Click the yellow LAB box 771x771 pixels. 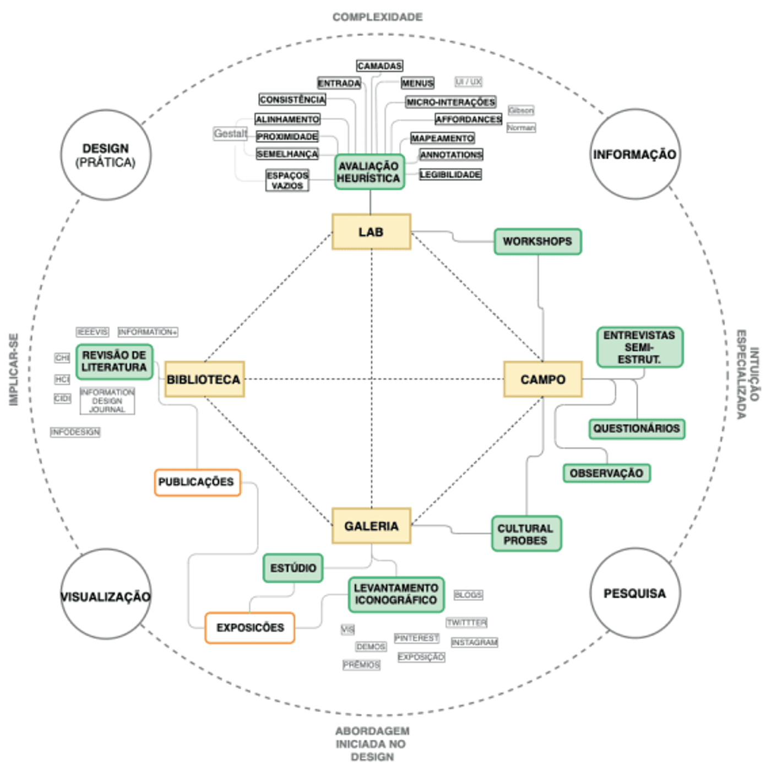tap(371, 232)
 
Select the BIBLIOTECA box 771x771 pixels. tap(204, 379)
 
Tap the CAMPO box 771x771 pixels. tap(543, 379)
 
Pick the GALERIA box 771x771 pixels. tap(371, 526)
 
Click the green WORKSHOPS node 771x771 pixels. tap(537, 242)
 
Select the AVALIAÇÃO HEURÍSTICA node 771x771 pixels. tap(370, 172)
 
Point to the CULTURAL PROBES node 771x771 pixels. tap(526, 534)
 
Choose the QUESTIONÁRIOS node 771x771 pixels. tap(637, 429)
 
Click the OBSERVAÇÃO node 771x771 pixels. tap(606, 473)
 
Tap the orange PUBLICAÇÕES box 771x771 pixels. tap(197, 482)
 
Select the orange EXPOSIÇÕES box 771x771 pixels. tap(250, 628)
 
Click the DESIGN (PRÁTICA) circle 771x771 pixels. tap(106, 155)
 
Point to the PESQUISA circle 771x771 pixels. tap(634, 593)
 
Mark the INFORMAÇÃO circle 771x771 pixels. tap(634, 154)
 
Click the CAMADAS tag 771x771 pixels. tap(379, 66)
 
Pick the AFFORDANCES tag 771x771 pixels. tap(468, 119)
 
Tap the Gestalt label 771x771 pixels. tap(230, 134)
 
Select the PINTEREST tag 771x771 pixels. tap(416, 638)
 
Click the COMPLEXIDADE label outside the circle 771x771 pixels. tap(378, 17)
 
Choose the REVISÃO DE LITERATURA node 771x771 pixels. tap(115, 362)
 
